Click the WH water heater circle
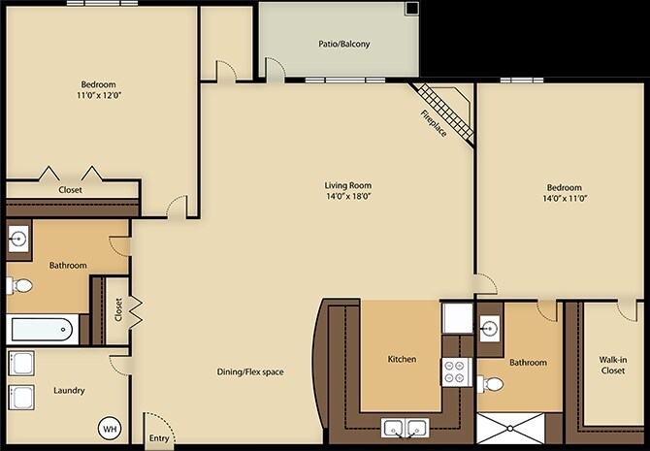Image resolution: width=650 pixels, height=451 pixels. point(110,429)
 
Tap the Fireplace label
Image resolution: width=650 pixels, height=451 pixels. point(434,123)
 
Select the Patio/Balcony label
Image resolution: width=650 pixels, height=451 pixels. point(344,44)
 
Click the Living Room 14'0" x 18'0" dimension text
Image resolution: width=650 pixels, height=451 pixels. point(348,196)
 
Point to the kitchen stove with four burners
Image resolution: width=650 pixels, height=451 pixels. point(456,371)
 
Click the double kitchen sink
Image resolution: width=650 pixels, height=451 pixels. point(405,428)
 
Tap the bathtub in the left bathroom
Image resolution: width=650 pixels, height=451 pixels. point(43,330)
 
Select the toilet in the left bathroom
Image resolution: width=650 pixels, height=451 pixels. point(19,285)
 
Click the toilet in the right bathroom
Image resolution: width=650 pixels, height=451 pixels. point(490,384)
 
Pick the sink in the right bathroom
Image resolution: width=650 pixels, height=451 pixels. point(490,329)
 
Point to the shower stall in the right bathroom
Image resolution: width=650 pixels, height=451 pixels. point(510,428)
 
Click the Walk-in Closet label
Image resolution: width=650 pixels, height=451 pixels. point(613,366)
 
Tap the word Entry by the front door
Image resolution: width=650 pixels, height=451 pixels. point(159,438)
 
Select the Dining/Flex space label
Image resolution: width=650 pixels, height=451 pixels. point(250,371)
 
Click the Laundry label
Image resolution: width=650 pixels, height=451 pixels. point(69,391)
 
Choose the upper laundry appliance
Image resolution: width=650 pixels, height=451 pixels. point(20,364)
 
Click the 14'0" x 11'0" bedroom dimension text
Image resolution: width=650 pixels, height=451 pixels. point(565,198)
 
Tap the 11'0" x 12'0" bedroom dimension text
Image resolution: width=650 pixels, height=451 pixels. point(99,95)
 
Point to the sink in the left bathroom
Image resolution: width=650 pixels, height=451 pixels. point(18,239)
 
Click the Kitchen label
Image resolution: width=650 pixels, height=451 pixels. point(402,359)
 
